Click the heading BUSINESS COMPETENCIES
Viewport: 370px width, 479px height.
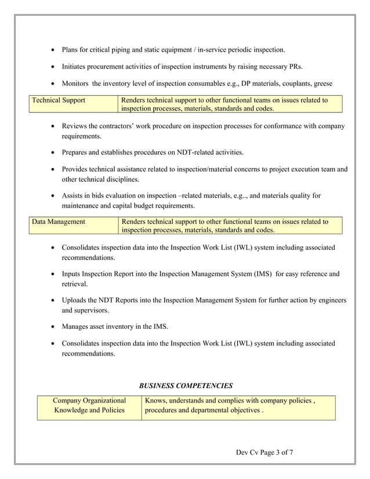pyautogui.click(x=186, y=385)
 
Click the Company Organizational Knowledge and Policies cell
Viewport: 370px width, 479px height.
pyautogui.click(x=89, y=405)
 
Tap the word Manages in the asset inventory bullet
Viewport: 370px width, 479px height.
pyautogui.click(x=77, y=326)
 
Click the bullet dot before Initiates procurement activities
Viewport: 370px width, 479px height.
pyautogui.click(x=53, y=67)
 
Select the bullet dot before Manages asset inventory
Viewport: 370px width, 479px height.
pyautogui.click(x=53, y=326)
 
